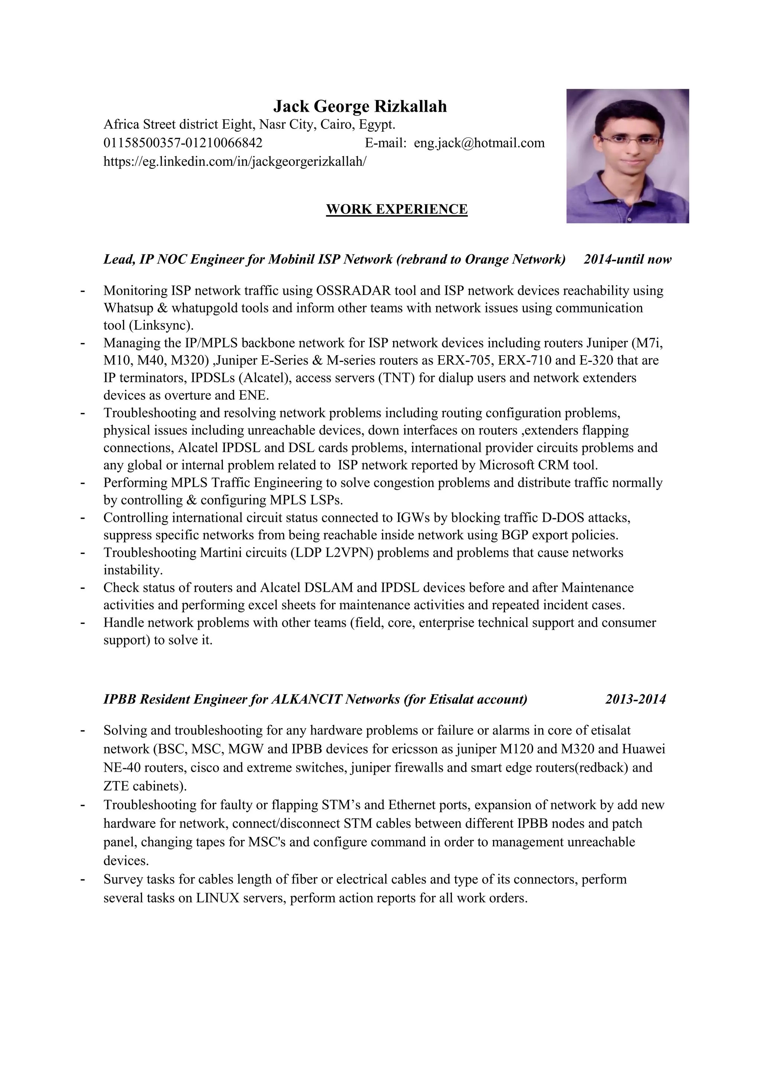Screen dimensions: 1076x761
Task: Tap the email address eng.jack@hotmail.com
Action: point(479,143)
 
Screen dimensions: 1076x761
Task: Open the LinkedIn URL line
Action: point(235,161)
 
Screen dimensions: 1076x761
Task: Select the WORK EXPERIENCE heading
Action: point(396,209)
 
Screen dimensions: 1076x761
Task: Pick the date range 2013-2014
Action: point(635,700)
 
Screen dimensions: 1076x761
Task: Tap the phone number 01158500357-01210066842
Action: point(183,143)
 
